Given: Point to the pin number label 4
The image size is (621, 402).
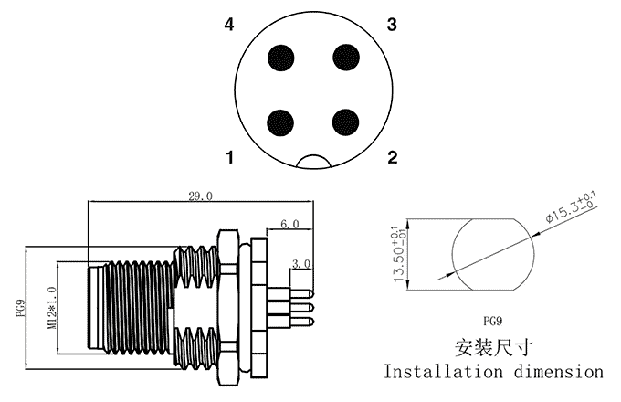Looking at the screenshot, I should point(231,25).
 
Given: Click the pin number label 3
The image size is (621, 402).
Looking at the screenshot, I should point(392,25).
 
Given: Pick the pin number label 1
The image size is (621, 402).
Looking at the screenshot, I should point(231,159).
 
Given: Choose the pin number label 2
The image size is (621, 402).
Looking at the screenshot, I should point(392,159).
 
